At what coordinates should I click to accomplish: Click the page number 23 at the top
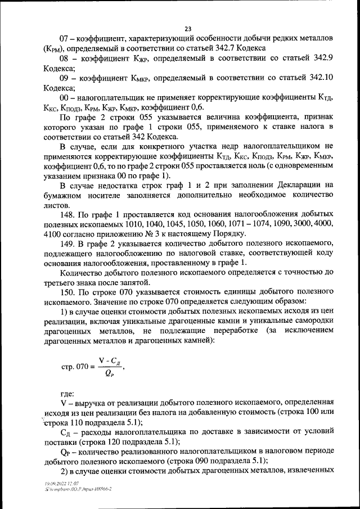(x=188, y=29)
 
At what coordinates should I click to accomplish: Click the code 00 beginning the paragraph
(x=65, y=98)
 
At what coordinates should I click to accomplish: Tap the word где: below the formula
(x=67, y=394)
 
